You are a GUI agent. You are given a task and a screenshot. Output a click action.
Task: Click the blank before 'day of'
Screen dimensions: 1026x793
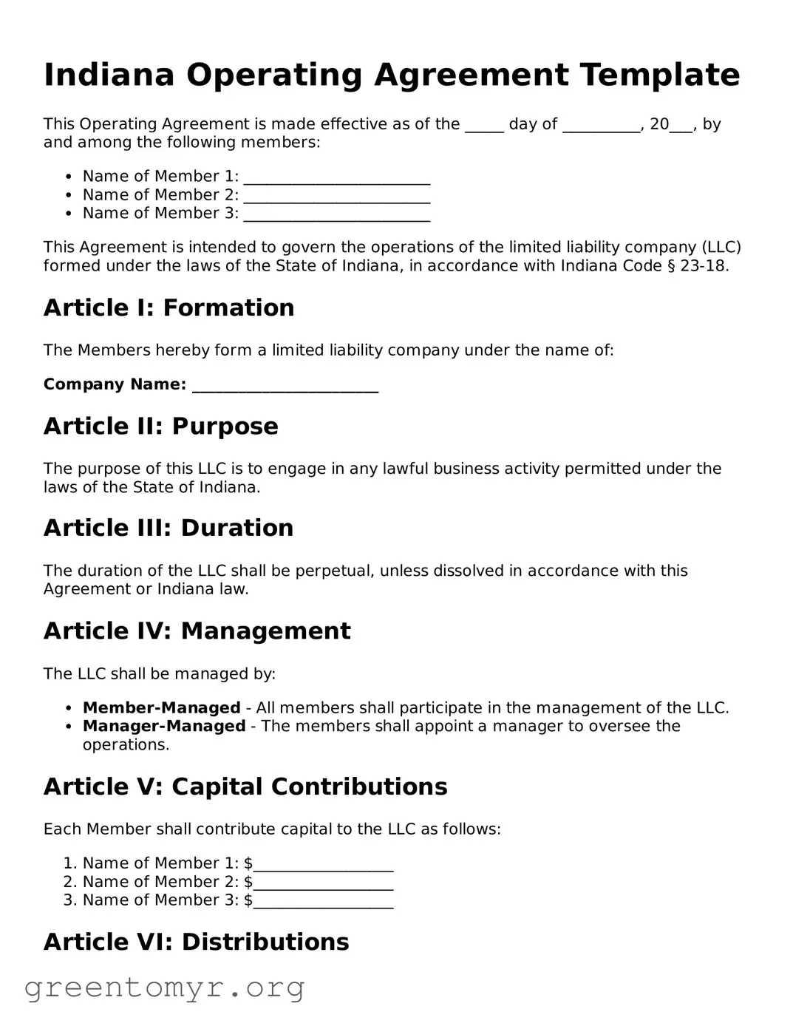[484, 126]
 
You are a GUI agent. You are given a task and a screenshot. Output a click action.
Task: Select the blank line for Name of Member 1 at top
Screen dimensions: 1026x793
[336, 178]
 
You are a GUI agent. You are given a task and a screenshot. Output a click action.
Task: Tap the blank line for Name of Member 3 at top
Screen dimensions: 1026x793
[336, 215]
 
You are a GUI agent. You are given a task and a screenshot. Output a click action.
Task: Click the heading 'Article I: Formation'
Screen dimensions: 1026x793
[169, 308]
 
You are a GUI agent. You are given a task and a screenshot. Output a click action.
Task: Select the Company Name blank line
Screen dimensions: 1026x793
[285, 387]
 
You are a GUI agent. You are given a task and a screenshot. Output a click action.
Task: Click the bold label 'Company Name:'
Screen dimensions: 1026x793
[115, 384]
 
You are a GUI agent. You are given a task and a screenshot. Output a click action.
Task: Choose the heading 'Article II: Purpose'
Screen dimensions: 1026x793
[160, 427]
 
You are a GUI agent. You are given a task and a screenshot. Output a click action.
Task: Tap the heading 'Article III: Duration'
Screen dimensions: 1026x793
[168, 528]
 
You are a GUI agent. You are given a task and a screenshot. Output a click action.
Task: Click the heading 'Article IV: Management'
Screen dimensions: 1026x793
[197, 631]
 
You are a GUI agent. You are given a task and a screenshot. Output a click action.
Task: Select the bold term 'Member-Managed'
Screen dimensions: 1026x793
[161, 708]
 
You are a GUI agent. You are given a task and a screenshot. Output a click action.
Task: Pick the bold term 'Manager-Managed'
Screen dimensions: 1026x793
[163, 727]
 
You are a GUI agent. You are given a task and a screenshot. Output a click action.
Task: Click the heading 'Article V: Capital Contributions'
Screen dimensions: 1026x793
[245, 787]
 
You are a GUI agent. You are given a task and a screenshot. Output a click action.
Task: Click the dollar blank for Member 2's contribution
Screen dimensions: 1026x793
[323, 884]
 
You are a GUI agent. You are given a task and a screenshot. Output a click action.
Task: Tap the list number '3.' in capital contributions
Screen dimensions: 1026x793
[70, 900]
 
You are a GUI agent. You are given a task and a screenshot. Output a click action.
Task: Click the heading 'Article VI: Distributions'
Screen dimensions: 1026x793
[196, 942]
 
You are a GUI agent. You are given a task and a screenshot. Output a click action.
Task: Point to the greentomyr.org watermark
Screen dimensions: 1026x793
[164, 988]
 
